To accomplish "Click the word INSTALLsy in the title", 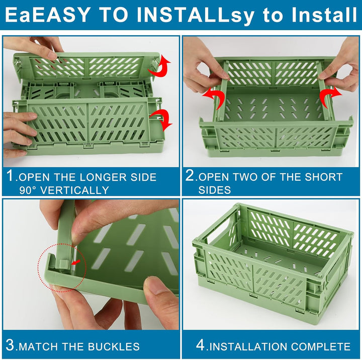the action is click(195, 15).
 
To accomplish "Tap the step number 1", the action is click(10, 176).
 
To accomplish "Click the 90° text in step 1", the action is click(28, 190).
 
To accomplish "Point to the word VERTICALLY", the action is click(74, 190).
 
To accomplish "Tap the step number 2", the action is click(190, 176).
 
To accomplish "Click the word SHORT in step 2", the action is click(323, 177).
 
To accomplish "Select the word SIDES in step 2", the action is click(215, 190).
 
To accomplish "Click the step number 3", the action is click(10, 345).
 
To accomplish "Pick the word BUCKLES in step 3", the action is click(113, 346).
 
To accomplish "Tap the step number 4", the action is click(201, 345).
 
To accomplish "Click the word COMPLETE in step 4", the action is click(320, 346).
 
